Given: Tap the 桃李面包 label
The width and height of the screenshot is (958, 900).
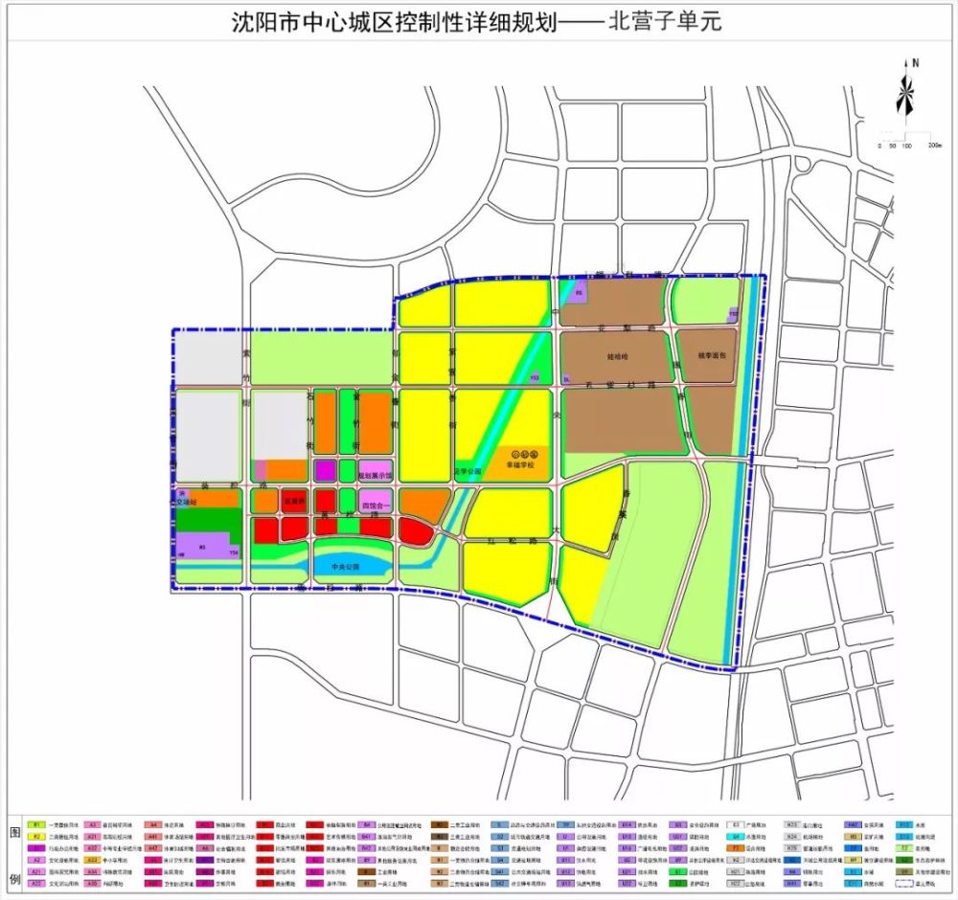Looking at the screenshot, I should click(708, 355).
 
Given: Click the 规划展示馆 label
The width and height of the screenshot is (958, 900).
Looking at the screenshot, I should click(376, 475).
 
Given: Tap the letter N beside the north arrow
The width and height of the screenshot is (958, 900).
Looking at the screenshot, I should click(916, 63).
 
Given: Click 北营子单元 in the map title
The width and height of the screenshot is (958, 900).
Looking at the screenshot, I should click(665, 22).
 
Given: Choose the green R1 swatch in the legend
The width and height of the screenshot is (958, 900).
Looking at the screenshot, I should click(37, 824).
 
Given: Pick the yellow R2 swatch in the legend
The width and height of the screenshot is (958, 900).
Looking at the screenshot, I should click(37, 836).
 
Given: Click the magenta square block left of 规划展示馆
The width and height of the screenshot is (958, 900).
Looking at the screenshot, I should click(325, 470).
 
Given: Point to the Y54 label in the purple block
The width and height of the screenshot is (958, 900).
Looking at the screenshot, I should click(233, 553).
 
